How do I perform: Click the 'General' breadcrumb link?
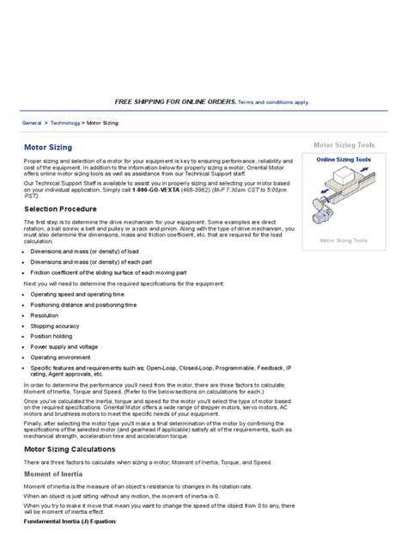pos(33,123)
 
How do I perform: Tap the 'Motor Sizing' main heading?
pos(47,147)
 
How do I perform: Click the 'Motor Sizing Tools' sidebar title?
pos(343,146)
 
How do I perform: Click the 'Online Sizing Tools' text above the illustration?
pos(343,160)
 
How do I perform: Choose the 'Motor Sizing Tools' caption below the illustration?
pos(343,241)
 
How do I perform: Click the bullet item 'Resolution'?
pos(44,315)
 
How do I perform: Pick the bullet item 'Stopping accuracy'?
pos(52,326)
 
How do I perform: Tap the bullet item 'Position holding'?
pos(51,336)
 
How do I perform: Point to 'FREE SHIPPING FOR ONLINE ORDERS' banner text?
pos(175,101)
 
